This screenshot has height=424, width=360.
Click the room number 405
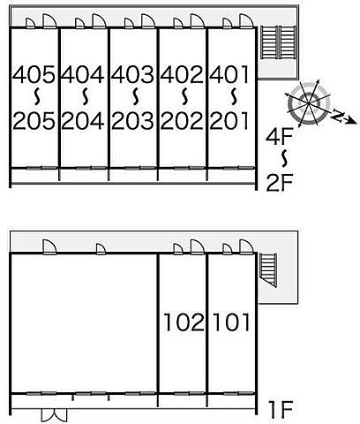(x=34, y=74)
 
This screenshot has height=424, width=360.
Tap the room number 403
(x=132, y=74)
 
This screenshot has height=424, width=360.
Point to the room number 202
(x=182, y=121)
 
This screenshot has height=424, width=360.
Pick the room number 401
(x=229, y=74)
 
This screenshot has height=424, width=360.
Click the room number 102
(x=184, y=322)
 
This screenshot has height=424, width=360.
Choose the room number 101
(x=231, y=322)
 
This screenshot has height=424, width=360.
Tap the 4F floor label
(x=279, y=137)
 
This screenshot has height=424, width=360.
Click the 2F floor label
(x=280, y=183)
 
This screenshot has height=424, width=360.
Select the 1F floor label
(x=281, y=410)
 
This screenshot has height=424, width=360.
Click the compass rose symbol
(x=308, y=103)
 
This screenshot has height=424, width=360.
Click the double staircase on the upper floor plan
(x=278, y=42)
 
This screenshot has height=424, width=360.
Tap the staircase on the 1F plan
(x=268, y=270)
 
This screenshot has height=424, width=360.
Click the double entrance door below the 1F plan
(x=54, y=415)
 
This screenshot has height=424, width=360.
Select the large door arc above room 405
(x=49, y=21)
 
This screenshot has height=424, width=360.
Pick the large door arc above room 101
(x=246, y=246)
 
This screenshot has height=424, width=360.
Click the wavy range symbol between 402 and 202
(x=184, y=97)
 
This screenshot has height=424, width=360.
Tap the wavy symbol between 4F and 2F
(x=284, y=158)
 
